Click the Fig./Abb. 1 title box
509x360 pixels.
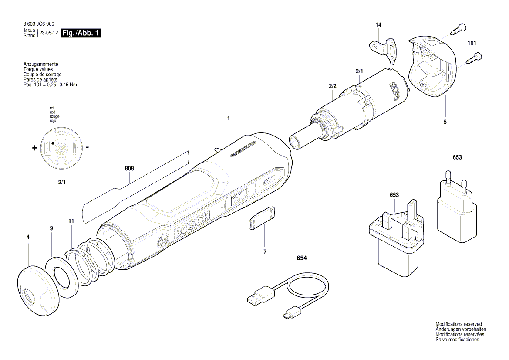[81, 33]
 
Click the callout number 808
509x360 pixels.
[129, 169]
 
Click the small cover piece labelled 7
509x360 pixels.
[262, 218]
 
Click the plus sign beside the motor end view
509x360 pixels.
[35, 148]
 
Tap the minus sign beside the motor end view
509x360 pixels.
[88, 147]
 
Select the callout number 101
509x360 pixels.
[472, 43]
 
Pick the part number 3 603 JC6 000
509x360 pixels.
[39, 25]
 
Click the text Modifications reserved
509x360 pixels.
[458, 324]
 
